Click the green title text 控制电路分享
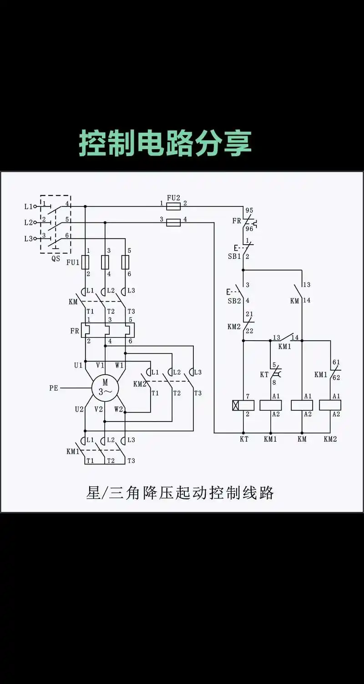[165, 143]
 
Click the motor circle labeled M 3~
[105, 388]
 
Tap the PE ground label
[54, 388]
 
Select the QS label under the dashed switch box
[56, 258]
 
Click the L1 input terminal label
[28, 206]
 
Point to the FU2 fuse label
[173, 198]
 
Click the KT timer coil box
[243, 405]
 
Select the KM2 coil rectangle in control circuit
[330, 405]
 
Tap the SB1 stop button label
[234, 256]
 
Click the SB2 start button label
[234, 301]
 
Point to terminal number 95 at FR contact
[249, 211]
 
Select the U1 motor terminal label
[79, 365]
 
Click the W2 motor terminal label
[118, 409]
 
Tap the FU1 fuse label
[73, 262]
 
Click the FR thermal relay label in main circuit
[75, 331]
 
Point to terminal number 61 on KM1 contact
[336, 362]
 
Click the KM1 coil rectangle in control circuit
[271, 405]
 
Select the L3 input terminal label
[28, 239]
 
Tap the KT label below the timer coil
[244, 439]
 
